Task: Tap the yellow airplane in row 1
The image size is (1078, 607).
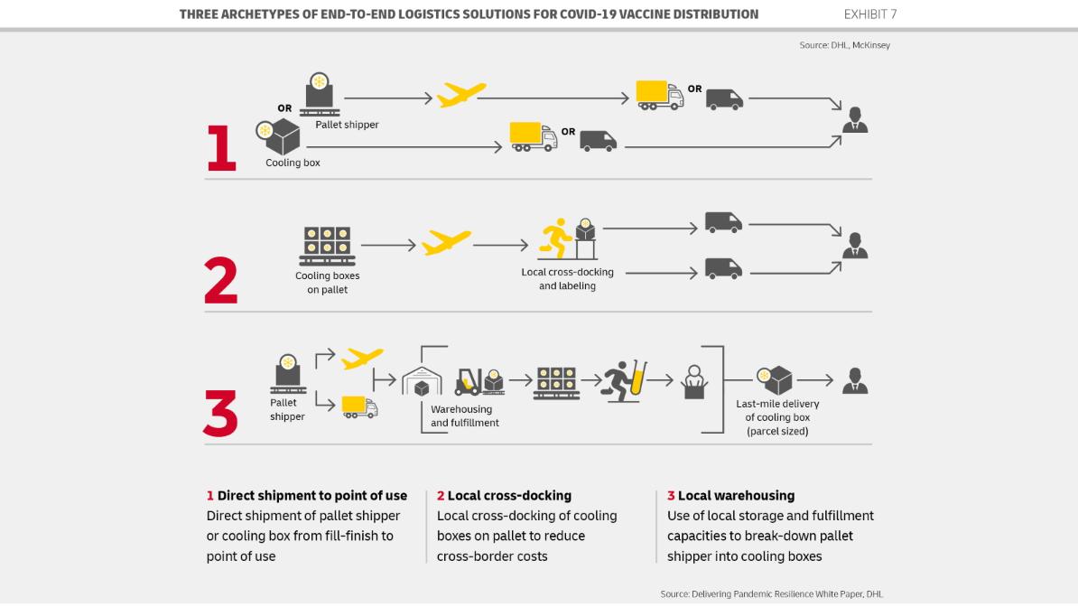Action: point(461,95)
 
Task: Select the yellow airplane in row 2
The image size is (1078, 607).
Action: point(446,242)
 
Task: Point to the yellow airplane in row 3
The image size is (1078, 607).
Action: point(362,359)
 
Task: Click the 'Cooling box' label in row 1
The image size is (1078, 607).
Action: point(293,163)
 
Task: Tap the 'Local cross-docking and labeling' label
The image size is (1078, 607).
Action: point(567,279)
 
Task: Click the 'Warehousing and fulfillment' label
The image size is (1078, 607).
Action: point(464,416)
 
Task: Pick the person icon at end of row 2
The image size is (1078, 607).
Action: point(854,245)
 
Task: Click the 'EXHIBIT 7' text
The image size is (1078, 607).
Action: point(870,14)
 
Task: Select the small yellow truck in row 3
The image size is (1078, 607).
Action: point(359,406)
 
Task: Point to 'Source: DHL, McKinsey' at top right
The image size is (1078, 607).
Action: point(844,45)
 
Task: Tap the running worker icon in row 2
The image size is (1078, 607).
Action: point(554,239)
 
